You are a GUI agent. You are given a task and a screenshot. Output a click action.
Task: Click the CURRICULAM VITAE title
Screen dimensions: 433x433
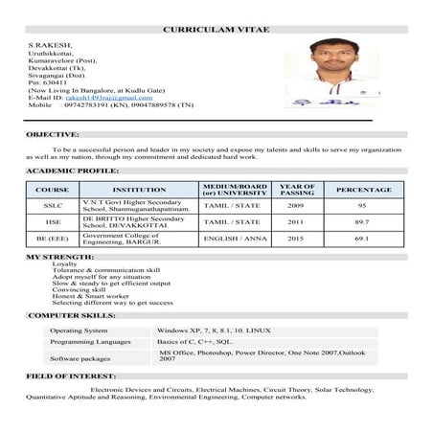(216, 29)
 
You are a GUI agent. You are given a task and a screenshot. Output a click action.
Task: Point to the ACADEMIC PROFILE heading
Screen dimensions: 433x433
(72, 170)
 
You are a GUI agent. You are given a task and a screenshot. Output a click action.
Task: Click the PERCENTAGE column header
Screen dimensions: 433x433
(363, 190)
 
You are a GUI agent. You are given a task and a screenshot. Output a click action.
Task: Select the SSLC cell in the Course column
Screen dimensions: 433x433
(53, 206)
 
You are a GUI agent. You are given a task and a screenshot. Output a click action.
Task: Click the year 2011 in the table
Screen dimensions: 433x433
(295, 221)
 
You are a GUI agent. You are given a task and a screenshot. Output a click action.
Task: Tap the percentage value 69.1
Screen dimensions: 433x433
(363, 238)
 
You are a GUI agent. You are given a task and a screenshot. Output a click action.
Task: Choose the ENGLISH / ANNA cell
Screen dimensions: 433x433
(235, 238)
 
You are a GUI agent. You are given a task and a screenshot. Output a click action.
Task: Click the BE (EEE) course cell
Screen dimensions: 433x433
(53, 238)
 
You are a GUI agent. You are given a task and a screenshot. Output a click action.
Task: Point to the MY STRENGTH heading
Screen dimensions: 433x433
(60, 257)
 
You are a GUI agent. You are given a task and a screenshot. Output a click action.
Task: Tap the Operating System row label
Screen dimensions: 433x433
(80, 330)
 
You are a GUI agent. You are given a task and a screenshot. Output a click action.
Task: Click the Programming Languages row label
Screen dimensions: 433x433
(89, 342)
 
